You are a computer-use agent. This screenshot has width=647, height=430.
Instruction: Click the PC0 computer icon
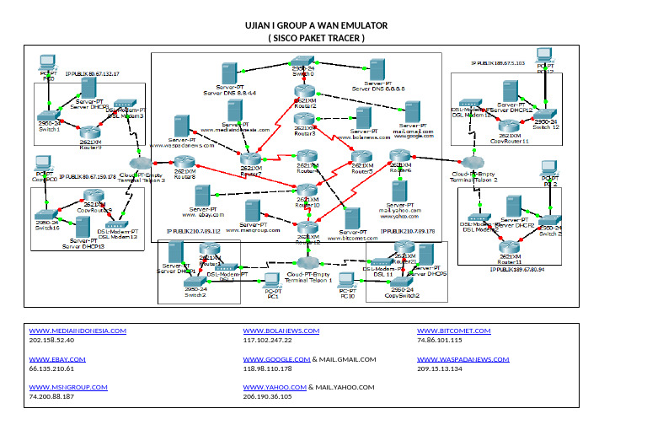coord(48,62)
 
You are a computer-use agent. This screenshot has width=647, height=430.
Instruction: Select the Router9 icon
coord(89,132)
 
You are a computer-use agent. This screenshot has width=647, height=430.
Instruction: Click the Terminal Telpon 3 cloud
coord(141,162)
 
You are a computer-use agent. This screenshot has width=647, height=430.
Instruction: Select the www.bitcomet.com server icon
coord(353,220)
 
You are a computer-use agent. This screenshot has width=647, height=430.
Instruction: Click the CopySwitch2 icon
coord(401,283)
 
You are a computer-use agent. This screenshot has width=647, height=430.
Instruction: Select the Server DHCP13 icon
coord(83,226)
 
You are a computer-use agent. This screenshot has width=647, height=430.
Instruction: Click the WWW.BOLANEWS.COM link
coord(281,331)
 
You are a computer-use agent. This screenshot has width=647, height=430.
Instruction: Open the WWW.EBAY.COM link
coord(52,359)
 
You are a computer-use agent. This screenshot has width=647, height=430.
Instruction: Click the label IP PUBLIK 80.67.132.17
coord(92,74)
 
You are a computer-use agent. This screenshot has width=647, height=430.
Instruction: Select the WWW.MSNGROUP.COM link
coord(68,387)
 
